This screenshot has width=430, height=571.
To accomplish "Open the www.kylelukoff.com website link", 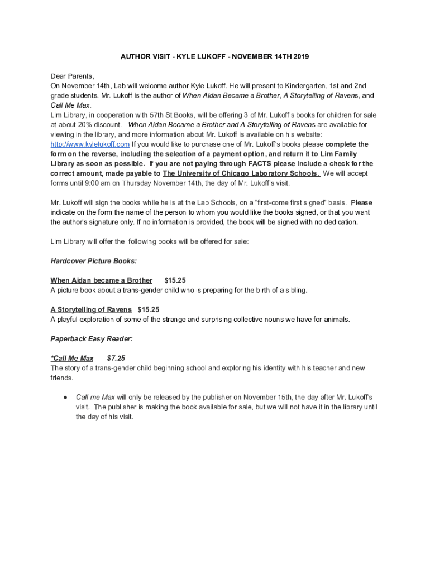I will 90,144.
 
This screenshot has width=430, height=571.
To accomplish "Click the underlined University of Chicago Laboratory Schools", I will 241,173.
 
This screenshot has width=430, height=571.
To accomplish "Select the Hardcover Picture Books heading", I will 94,260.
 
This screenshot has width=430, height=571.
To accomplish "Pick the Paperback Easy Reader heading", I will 92,338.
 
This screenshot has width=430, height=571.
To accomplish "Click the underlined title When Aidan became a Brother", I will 101,280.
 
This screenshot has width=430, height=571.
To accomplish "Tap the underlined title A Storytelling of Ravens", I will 91,309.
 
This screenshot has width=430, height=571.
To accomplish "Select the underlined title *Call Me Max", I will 72,358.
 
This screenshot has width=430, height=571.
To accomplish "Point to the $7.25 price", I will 116,358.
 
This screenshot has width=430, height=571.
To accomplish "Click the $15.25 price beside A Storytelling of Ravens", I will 149,309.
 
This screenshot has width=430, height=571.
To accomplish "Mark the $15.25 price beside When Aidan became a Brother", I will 175,280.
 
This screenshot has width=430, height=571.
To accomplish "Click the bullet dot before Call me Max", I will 65,397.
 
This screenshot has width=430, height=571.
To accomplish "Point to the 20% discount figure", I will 85,124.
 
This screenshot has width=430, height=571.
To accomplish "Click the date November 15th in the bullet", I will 267,397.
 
